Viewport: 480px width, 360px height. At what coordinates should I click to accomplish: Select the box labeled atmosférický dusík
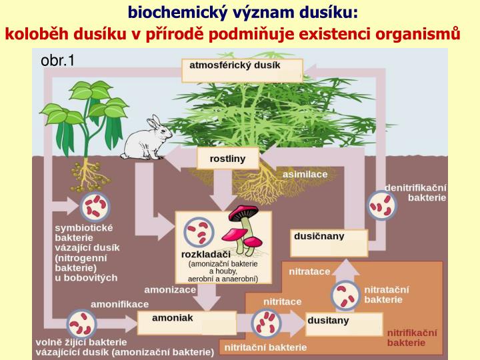click(x=242, y=70)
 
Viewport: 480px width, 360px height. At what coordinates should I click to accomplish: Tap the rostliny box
click(x=227, y=159)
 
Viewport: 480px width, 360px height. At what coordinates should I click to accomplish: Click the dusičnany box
click(x=330, y=242)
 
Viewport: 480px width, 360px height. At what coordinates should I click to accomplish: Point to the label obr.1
click(x=58, y=61)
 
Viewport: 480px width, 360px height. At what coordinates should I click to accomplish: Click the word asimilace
click(x=305, y=174)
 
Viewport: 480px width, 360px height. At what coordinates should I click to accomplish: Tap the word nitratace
click(x=309, y=271)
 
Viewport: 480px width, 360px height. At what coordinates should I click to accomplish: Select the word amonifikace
click(x=119, y=303)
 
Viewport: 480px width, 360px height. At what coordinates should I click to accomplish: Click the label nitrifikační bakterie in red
click(x=412, y=337)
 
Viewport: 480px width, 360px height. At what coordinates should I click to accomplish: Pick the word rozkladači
click(x=206, y=255)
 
